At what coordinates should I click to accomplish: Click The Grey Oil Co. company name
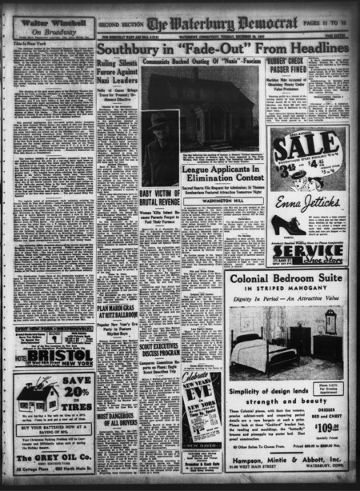52,459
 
